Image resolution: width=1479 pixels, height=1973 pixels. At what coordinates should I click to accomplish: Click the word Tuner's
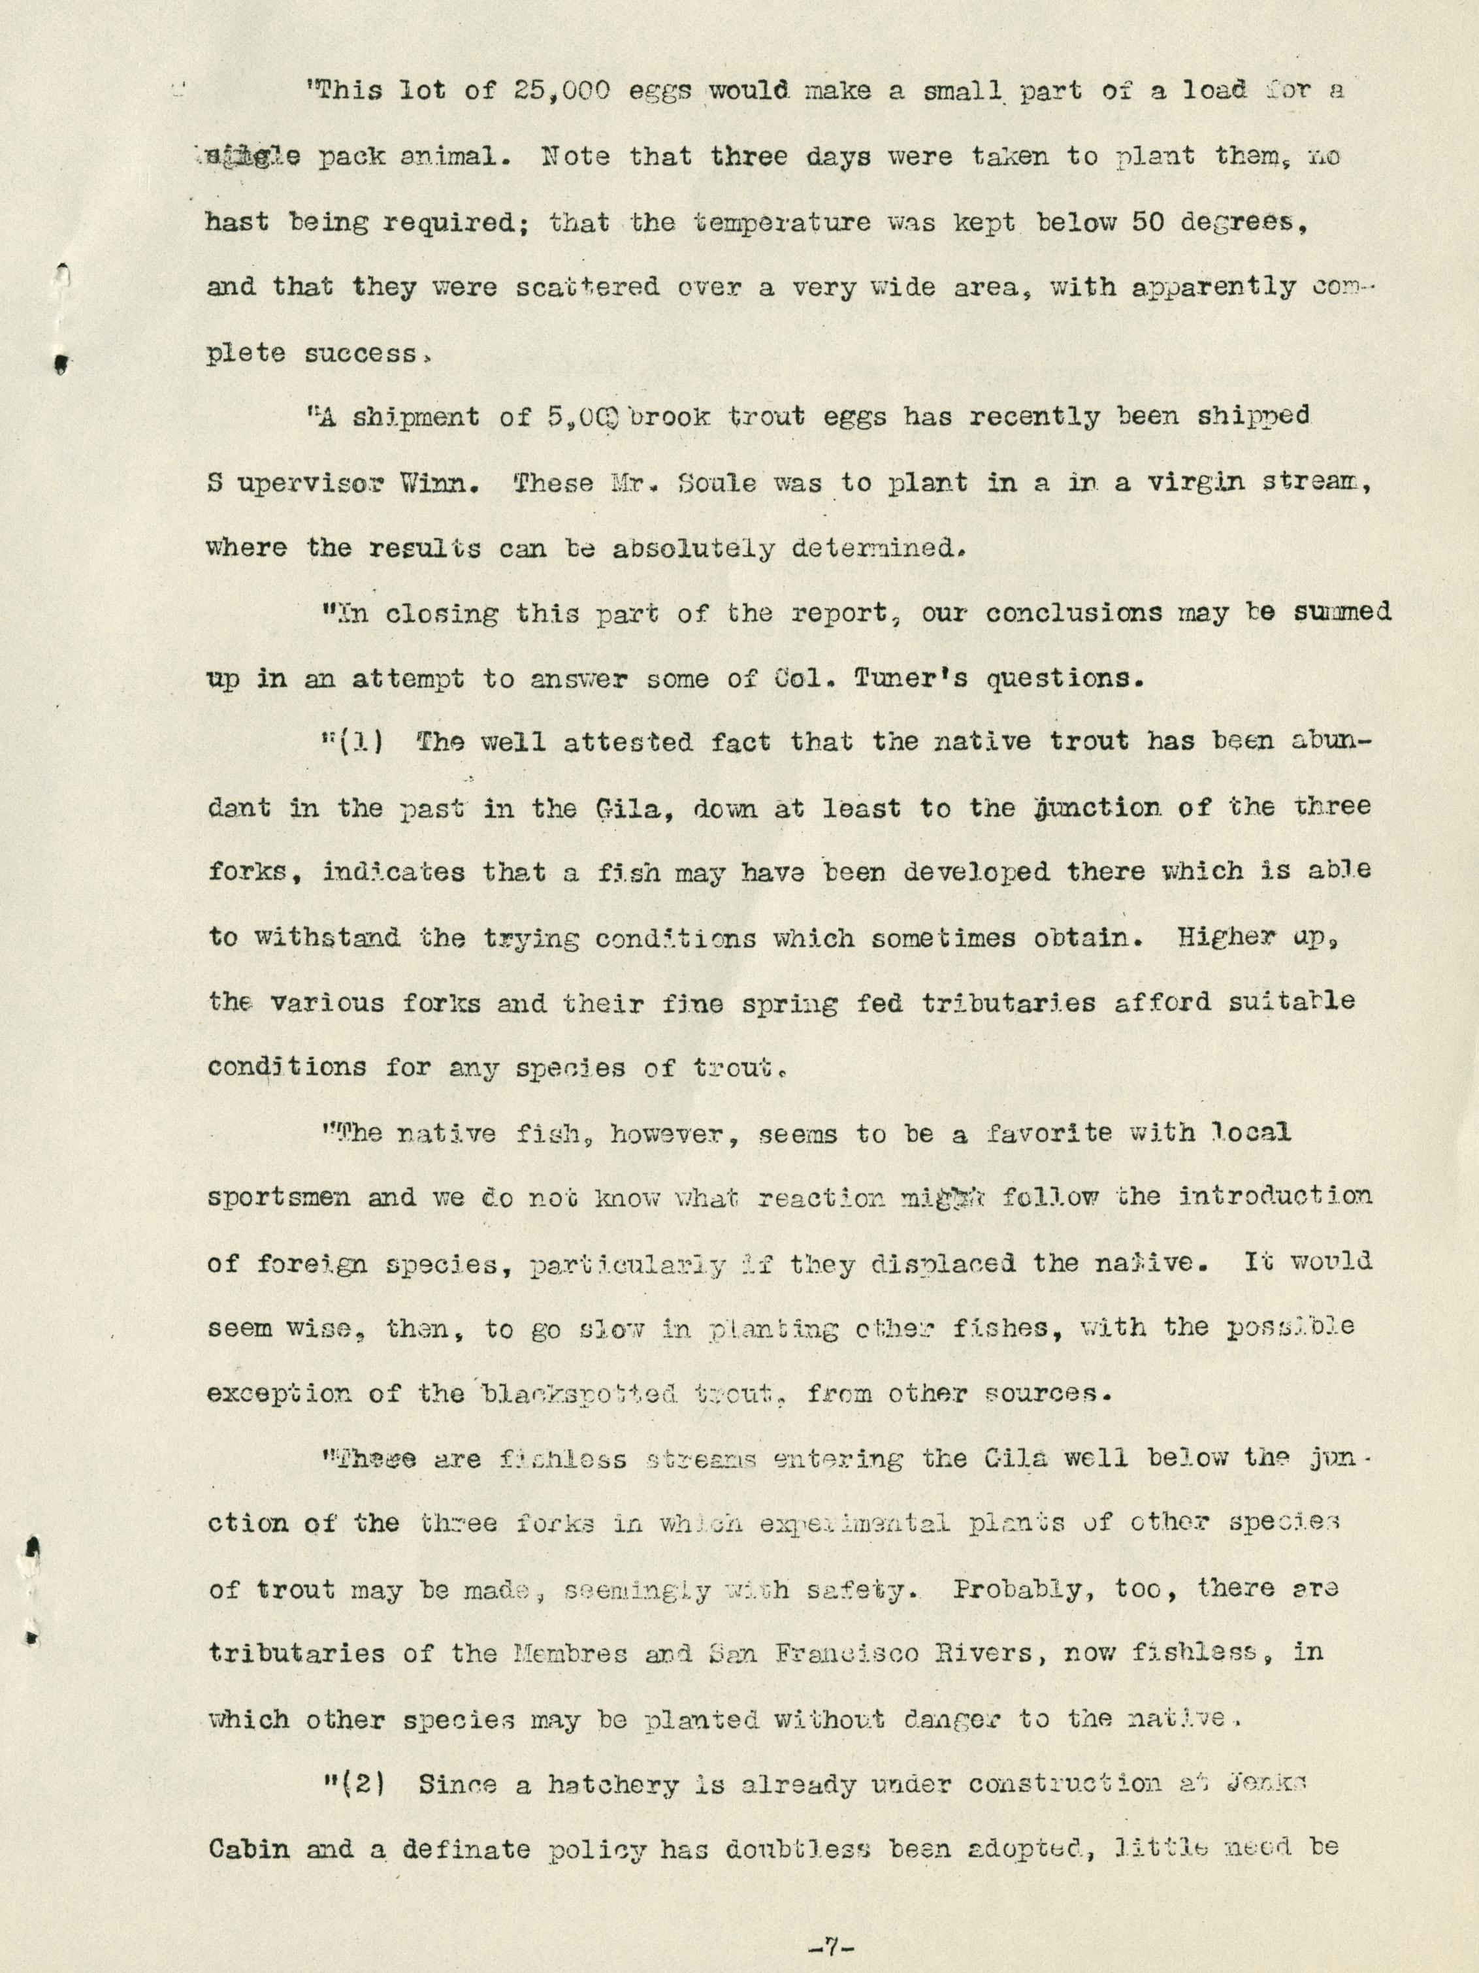click(903, 679)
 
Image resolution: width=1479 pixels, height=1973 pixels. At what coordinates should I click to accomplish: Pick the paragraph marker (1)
click(357, 742)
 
